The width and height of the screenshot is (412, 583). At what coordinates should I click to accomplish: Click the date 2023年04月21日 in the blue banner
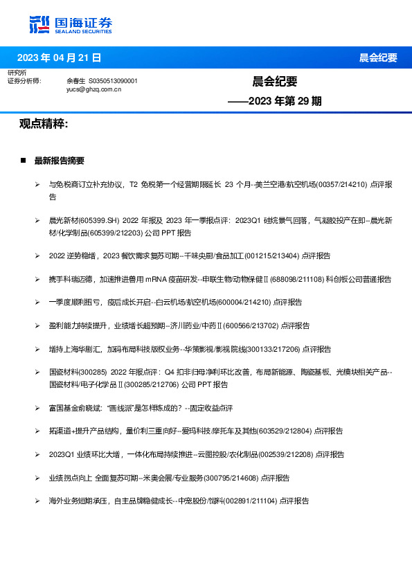[59, 57]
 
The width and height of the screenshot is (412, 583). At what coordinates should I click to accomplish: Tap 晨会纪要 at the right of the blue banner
[378, 57]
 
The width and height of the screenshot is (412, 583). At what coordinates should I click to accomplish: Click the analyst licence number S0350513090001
[113, 81]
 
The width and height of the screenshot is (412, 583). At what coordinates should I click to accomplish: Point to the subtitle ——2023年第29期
[275, 101]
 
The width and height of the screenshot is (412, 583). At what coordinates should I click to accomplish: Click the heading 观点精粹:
[44, 124]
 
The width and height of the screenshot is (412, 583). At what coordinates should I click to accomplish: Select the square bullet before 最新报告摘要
[24, 161]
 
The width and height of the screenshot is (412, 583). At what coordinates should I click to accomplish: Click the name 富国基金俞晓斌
[76, 408]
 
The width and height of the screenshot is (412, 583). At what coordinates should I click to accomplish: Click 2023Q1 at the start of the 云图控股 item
[63, 455]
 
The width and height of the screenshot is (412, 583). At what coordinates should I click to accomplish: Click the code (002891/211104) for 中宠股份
[251, 501]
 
